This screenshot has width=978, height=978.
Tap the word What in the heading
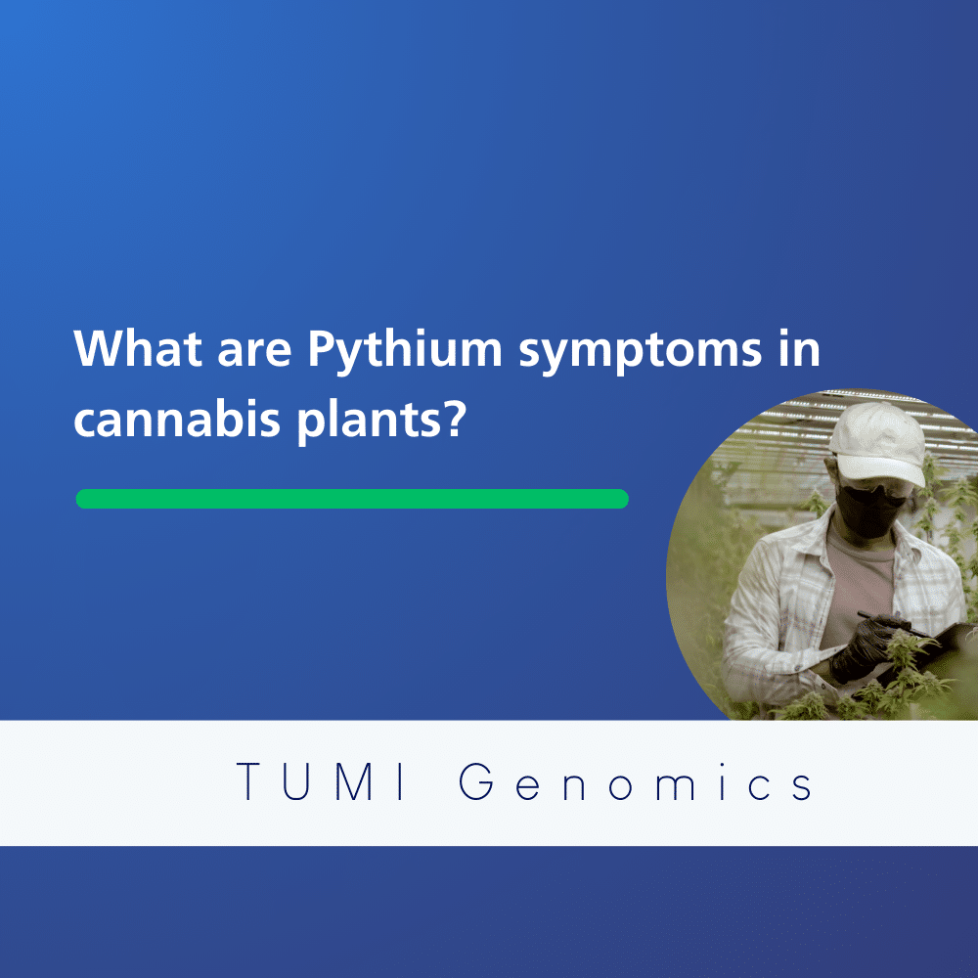(138, 347)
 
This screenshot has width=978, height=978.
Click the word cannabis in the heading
(177, 418)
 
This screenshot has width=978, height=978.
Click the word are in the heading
(254, 352)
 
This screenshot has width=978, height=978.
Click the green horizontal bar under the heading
(352, 499)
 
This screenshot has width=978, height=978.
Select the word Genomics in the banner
(636, 780)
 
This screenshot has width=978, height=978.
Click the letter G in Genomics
(476, 780)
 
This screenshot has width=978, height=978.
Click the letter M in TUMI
(356, 780)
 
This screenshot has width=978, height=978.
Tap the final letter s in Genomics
(802, 787)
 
